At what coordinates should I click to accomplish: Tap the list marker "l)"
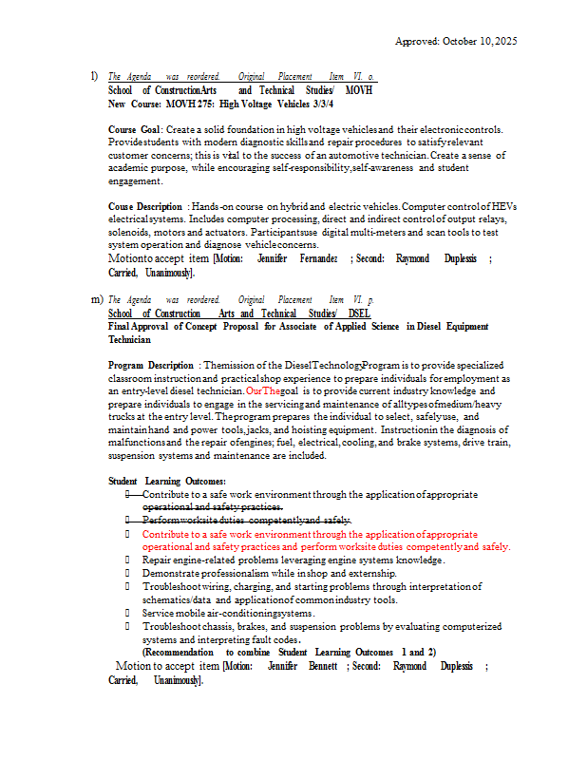[x=94, y=76]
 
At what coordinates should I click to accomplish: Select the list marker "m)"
[x=97, y=299]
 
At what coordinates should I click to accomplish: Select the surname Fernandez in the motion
[x=316, y=258]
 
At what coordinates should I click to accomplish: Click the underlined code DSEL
[x=359, y=313]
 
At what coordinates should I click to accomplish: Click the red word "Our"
[x=254, y=390]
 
